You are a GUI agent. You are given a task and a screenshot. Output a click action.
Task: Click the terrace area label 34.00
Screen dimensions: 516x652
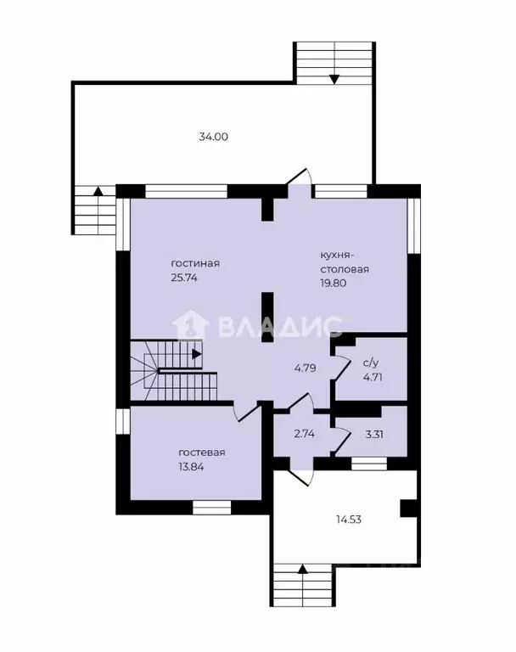point(213,137)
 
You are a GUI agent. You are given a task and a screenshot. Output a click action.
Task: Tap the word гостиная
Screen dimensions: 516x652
point(195,264)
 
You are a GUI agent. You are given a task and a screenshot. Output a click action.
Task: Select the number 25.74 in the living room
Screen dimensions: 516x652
point(184,278)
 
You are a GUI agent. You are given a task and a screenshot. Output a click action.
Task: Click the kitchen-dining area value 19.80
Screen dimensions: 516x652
point(333,284)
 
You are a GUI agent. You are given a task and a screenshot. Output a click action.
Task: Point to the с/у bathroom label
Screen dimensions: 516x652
point(371,363)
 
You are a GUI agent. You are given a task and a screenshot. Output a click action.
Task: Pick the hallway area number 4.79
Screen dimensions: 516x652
point(306,368)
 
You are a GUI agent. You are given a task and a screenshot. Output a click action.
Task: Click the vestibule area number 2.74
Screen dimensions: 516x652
point(305,434)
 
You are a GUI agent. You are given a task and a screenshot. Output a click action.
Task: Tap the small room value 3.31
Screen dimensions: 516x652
point(374,435)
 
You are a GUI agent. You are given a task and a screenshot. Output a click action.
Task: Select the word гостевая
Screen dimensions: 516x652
point(202,452)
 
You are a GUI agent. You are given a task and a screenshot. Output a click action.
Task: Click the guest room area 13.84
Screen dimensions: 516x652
point(191,467)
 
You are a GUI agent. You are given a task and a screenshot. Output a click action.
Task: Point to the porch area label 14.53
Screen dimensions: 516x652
point(349,520)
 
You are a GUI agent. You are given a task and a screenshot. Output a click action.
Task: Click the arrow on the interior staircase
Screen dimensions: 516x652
point(197,354)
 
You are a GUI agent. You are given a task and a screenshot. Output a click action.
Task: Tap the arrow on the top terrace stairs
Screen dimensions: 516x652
point(334,79)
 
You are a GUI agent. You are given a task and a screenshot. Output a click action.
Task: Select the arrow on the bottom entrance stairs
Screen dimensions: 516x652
point(303,569)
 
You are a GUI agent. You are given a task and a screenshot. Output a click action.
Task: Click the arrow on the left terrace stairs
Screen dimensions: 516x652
point(98,191)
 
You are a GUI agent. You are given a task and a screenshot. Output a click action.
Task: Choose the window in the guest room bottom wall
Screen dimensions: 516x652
point(211,508)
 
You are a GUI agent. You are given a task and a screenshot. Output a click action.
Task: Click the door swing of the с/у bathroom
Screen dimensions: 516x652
point(342,367)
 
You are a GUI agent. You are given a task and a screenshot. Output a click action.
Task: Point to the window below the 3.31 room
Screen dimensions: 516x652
point(369,464)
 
